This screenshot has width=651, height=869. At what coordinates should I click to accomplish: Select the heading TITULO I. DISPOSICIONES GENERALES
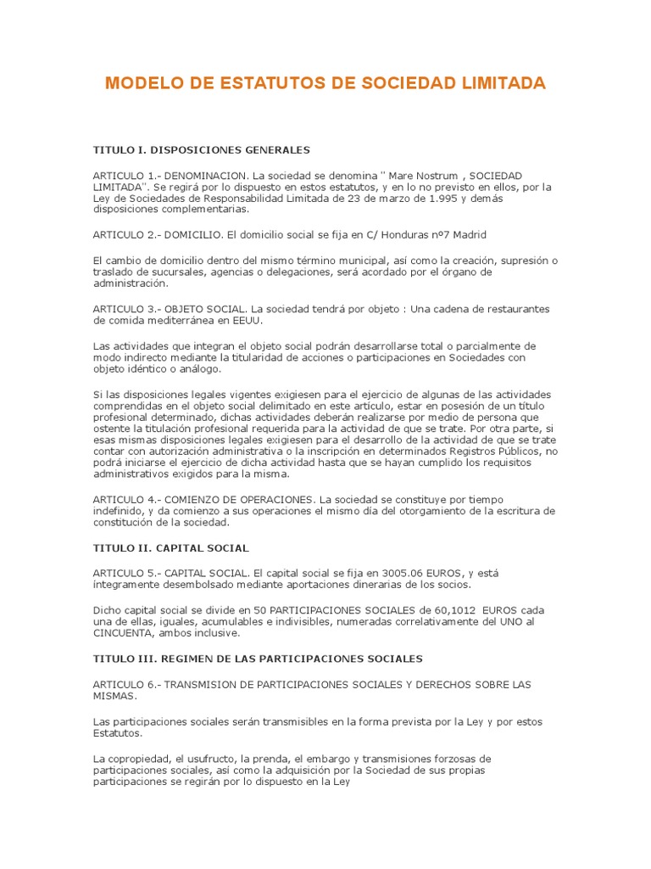coord(202,149)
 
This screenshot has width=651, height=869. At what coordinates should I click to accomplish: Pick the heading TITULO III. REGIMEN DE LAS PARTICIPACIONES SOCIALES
coord(258,659)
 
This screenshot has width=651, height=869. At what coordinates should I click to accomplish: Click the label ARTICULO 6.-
coord(126,683)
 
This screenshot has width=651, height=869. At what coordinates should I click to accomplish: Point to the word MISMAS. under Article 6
coord(114,695)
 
